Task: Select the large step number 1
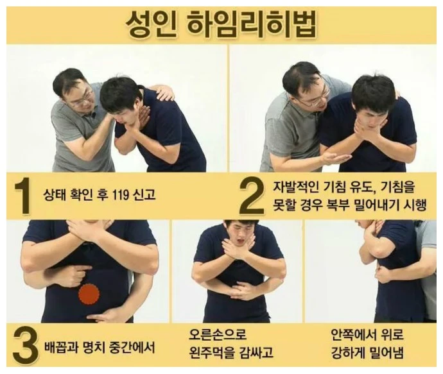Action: tap(22, 195)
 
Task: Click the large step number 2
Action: tap(251, 197)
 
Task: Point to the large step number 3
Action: tap(25, 346)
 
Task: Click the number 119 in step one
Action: tap(120, 194)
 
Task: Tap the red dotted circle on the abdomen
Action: tap(89, 294)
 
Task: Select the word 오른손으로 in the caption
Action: tap(218, 334)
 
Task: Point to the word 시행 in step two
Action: tap(415, 205)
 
